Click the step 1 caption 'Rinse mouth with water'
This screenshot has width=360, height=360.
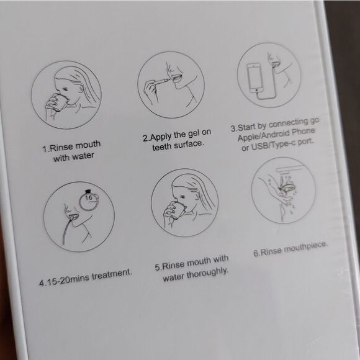click(x=71, y=151)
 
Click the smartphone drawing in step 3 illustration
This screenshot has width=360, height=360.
click(x=254, y=76)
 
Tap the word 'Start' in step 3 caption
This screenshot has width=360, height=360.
click(x=251, y=128)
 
